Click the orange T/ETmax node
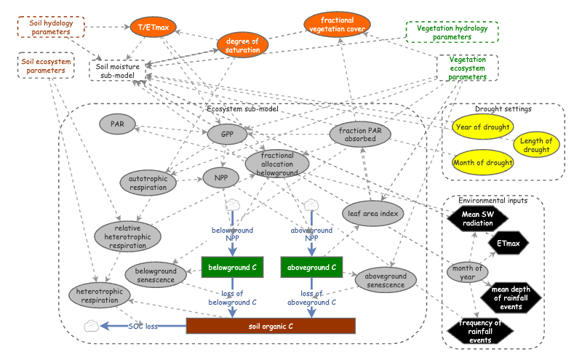154,28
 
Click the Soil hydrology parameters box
51,28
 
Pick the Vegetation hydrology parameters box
452,32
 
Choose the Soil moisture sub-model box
121,70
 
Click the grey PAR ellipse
117,124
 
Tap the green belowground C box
231,268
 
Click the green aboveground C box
311,268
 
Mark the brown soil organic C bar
271,326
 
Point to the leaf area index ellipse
372,214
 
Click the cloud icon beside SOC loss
92,325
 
